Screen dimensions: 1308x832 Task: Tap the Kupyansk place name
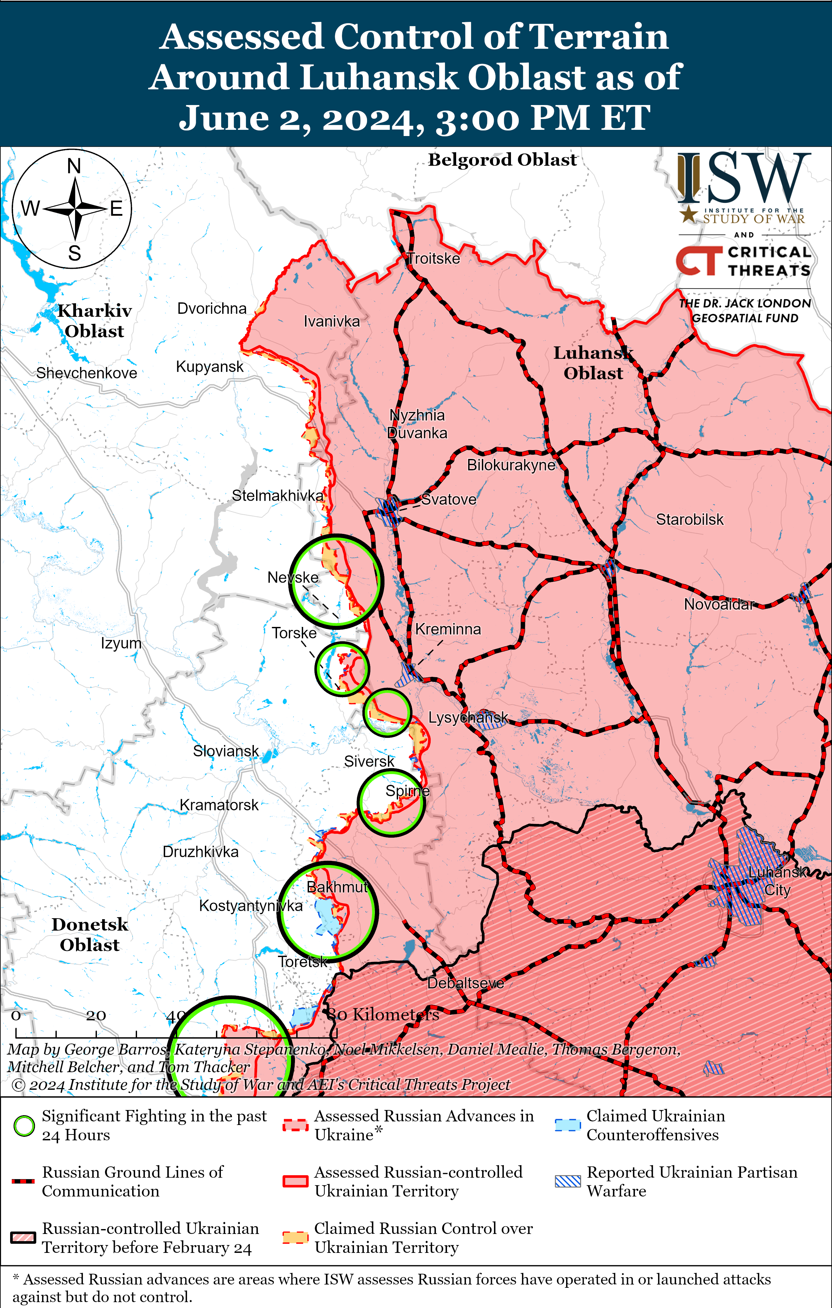(x=210, y=367)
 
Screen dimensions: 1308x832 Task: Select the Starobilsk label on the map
(x=690, y=520)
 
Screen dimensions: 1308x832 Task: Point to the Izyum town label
(x=121, y=643)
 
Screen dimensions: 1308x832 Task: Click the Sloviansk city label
(x=225, y=751)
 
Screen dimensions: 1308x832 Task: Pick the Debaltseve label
(x=465, y=983)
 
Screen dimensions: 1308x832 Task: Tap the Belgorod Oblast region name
(x=502, y=160)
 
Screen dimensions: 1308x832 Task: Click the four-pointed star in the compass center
(x=75, y=208)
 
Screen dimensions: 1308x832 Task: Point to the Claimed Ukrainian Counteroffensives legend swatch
(x=567, y=1125)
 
